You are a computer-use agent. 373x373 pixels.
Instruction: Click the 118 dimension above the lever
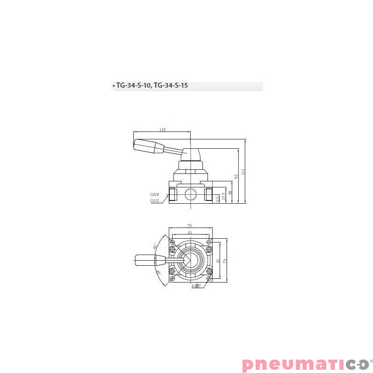(162, 130)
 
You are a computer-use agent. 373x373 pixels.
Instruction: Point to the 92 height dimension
(236, 176)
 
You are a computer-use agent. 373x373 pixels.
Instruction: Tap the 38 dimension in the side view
(230, 193)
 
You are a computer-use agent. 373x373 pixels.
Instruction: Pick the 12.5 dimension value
(218, 200)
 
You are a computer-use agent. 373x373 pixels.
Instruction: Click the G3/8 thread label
(155, 194)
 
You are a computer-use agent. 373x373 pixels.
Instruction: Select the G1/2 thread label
(155, 200)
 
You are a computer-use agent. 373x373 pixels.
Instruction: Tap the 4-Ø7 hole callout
(195, 285)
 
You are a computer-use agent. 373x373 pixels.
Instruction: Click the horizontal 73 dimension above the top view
(189, 226)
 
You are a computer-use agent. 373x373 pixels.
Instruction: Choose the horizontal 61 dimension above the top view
(190, 232)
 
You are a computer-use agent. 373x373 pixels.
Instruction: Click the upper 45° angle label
(155, 246)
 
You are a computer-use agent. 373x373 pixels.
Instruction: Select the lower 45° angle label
(159, 273)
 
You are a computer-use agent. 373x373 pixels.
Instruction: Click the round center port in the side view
(190, 193)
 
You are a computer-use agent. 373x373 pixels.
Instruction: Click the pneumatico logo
(305, 364)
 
